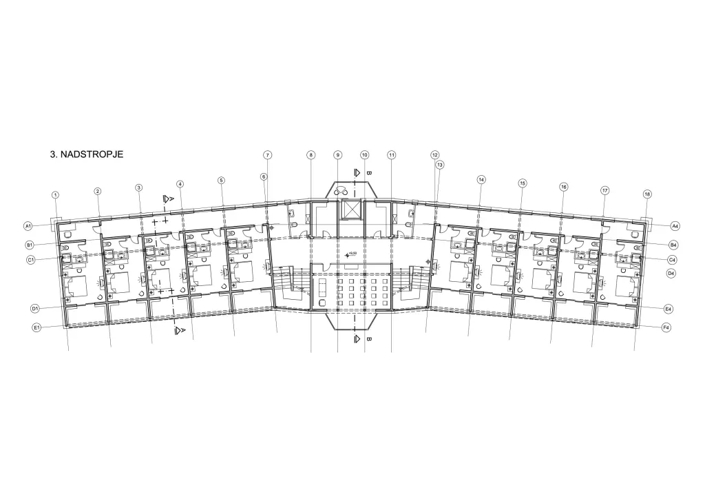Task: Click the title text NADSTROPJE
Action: (92, 155)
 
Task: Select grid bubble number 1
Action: (56, 195)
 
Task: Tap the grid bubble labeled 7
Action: (267, 155)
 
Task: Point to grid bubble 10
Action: (364, 155)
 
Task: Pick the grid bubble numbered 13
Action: (439, 165)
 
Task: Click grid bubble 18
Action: (646, 194)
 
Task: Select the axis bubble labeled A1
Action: (28, 225)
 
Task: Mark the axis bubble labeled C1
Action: (31, 260)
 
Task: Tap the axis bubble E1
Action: (38, 328)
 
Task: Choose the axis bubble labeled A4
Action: (675, 225)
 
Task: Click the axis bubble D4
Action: (671, 274)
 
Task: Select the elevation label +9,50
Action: (352, 254)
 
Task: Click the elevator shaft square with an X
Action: (351, 210)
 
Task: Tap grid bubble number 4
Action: (180, 184)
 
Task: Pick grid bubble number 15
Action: (523, 183)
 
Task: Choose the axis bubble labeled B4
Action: (673, 245)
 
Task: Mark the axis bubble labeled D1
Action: (34, 308)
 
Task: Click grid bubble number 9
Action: (337, 155)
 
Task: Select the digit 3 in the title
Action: (53, 155)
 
